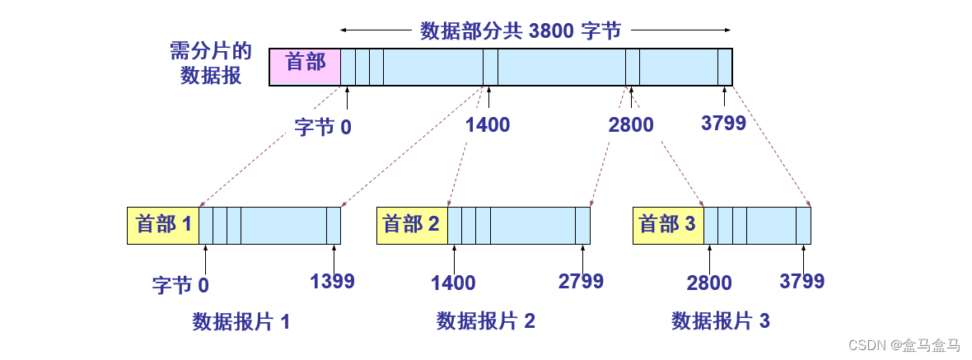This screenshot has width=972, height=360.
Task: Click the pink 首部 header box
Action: click(x=305, y=67)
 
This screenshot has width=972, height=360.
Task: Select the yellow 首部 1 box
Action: click(x=163, y=225)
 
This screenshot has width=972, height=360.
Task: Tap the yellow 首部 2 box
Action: click(x=412, y=225)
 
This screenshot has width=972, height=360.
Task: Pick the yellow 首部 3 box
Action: click(x=668, y=225)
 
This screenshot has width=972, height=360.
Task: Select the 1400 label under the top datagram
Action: click(x=488, y=125)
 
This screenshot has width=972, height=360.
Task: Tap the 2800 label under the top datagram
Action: click(x=631, y=125)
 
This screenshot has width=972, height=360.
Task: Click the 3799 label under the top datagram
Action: click(x=723, y=124)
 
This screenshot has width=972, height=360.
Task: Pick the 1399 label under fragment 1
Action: click(x=332, y=281)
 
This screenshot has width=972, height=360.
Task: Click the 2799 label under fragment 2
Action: click(x=581, y=281)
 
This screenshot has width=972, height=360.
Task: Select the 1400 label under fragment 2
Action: click(x=453, y=283)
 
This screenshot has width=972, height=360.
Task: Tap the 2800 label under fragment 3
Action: click(x=709, y=283)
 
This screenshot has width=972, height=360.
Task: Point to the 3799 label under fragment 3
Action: click(x=801, y=281)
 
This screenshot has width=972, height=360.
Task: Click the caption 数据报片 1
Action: click(x=241, y=320)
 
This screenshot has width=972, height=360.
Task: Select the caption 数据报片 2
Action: click(x=486, y=320)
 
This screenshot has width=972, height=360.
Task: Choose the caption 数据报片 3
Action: click(x=721, y=320)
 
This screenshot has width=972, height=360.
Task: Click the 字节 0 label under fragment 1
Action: click(x=181, y=285)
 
